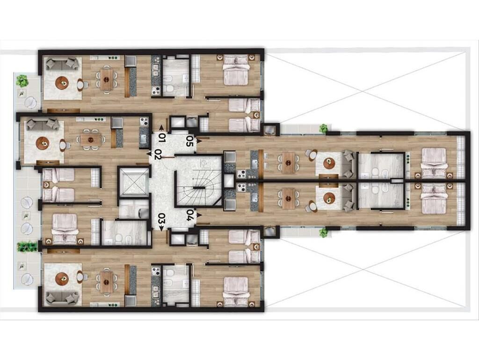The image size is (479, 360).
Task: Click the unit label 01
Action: pos(162,138)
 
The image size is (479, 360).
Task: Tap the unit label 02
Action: pos(158,154)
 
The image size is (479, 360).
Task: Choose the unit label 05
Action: pos(190,141)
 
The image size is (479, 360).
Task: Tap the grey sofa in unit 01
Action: pos(62,64)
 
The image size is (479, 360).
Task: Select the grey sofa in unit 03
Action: pos(62,297)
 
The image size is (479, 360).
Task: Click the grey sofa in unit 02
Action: pos(43,125)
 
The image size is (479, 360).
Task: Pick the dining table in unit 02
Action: pos(90,140)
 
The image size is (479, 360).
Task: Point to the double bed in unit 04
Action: pos(433,198)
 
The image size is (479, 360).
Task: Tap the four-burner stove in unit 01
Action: pos(156,91)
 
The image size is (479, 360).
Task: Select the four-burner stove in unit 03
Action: pos(156,271)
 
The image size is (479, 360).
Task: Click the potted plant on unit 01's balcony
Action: pos(22,81)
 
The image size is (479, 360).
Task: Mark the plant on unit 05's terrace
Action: pos(324,128)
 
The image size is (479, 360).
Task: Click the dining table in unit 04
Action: pos(288,198)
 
